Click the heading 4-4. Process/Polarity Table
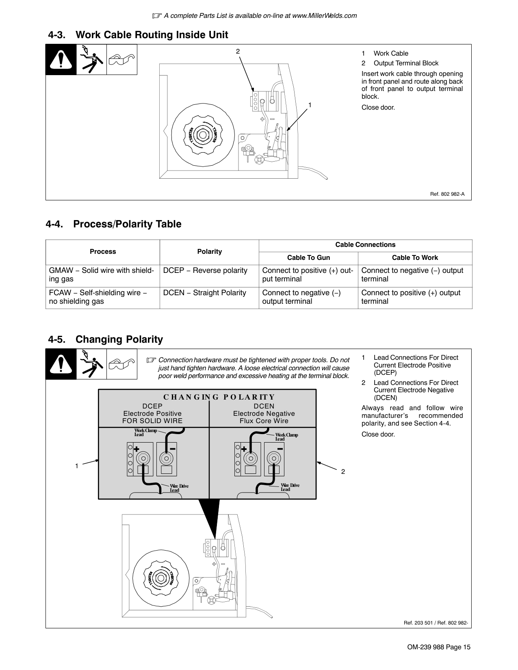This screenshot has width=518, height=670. pos(114,224)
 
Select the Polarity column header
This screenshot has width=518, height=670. pos(209,251)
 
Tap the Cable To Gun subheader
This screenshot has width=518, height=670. pos(308,257)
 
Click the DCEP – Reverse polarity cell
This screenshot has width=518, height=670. pos(205,270)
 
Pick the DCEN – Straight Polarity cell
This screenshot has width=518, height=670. pos(204,293)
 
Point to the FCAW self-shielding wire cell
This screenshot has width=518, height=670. pos(98,297)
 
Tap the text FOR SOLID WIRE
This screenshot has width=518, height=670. pos(152,421)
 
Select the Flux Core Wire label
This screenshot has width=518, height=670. pos(264,421)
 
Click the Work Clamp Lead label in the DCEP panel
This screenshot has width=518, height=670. pos(145,432)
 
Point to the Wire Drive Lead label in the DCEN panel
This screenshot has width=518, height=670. pos(290,487)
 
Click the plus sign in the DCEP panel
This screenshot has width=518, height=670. pos(135,449)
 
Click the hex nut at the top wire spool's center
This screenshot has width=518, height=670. pos(201,134)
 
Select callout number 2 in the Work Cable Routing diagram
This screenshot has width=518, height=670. pos(238,52)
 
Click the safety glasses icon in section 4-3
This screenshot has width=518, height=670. pos(121,60)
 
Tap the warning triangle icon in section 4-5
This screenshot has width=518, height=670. pos(61,364)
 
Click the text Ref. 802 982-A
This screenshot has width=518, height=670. pos(447,194)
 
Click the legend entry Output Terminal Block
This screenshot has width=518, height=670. pos(406,63)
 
